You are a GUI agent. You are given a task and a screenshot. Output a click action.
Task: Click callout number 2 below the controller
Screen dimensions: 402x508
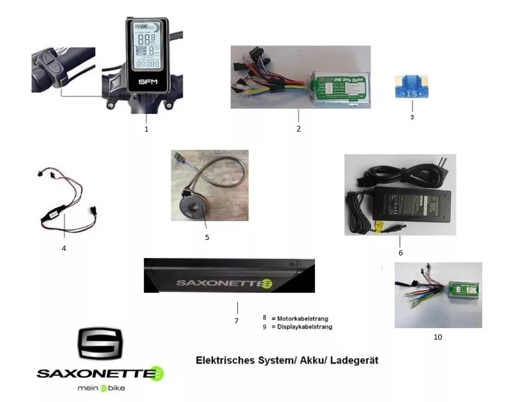click(298, 129)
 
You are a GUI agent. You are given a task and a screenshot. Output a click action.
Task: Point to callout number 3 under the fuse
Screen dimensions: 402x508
click(412, 117)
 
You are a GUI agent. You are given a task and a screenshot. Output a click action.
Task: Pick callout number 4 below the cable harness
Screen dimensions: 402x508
click(64, 248)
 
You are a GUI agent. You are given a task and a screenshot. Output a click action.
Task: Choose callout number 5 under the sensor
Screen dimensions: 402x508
click(207, 237)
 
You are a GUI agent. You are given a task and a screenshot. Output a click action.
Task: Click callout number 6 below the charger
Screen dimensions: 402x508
click(400, 252)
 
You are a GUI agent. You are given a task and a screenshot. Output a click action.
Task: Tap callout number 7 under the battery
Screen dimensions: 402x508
click(236, 321)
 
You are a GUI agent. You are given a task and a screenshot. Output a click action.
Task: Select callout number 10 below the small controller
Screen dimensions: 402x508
click(438, 337)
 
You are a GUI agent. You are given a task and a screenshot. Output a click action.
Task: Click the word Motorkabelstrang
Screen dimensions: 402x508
click(304, 318)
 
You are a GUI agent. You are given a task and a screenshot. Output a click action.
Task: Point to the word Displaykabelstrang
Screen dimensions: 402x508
click(305, 327)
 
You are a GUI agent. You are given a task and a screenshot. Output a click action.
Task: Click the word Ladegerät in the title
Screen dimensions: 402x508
click(353, 361)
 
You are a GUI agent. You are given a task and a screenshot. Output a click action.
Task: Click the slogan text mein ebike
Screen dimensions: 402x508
click(101, 388)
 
